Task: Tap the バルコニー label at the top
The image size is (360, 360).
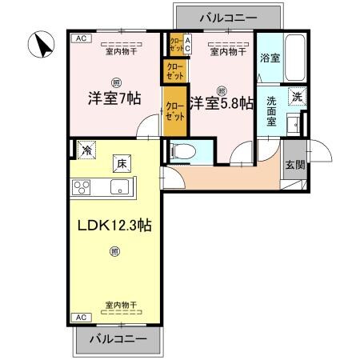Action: coord(229,15)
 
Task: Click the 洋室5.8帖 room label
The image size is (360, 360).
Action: coord(222,103)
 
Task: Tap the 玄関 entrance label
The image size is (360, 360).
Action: coord(294,165)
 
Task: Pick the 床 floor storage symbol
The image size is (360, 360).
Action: coord(122,163)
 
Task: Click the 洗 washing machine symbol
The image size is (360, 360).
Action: coord(296,96)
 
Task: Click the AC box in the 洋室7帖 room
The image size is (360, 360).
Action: coord(79,38)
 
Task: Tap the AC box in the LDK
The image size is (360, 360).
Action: coord(79,318)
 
